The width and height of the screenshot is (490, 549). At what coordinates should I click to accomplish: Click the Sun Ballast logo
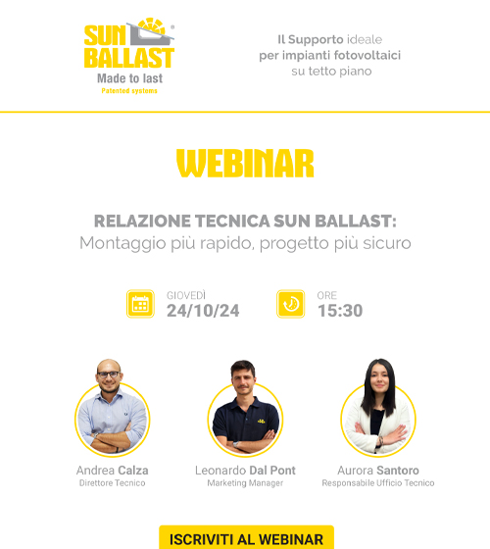click(x=129, y=56)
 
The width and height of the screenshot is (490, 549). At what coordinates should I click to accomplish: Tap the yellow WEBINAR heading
click(x=245, y=164)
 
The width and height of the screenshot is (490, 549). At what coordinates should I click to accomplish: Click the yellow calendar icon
click(x=140, y=304)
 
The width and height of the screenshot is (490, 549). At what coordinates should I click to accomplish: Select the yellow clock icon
click(x=290, y=304)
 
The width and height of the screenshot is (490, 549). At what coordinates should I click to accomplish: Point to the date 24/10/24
click(x=203, y=311)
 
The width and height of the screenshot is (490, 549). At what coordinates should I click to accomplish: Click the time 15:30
click(x=340, y=311)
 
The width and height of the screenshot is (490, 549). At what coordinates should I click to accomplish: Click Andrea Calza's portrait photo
click(x=112, y=408)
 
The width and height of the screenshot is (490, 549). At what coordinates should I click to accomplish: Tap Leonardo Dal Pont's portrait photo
click(x=245, y=408)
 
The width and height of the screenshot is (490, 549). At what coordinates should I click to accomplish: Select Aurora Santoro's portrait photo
click(x=378, y=408)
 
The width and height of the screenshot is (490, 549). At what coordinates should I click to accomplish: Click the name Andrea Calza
click(x=113, y=471)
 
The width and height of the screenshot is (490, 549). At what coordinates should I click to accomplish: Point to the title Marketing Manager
click(x=245, y=483)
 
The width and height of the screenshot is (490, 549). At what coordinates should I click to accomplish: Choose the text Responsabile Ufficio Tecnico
click(x=378, y=483)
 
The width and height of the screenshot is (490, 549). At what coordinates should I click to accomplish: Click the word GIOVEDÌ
click(x=186, y=295)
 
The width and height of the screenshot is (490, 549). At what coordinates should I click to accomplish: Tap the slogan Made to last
click(x=129, y=78)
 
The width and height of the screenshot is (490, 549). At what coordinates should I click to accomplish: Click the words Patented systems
click(x=129, y=91)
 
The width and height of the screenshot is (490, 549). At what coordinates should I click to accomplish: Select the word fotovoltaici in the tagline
click(x=367, y=55)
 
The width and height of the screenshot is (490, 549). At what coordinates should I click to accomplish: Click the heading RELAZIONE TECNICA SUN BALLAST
click(x=245, y=222)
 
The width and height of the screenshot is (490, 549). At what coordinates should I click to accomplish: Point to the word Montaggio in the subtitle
click(x=122, y=244)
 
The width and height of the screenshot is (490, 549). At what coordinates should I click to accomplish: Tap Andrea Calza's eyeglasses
click(x=109, y=374)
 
